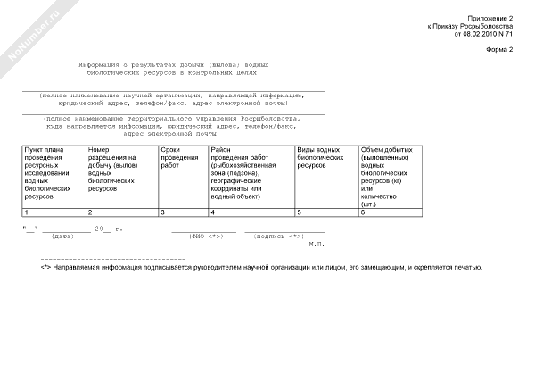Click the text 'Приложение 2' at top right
click(x=491, y=19)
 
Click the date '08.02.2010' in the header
click(x=481, y=34)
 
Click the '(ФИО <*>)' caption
click(x=206, y=237)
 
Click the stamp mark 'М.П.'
click(x=317, y=244)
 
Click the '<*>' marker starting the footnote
click(x=45, y=267)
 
